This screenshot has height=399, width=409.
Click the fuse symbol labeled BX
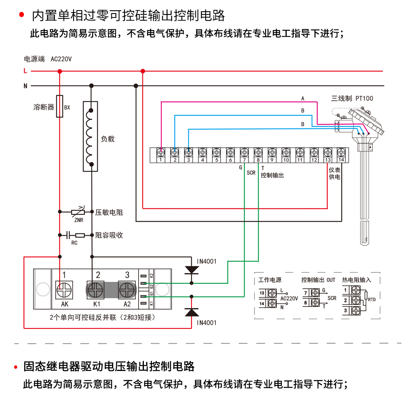(x=59, y=106)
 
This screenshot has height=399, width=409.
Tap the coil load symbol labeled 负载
(x=91, y=136)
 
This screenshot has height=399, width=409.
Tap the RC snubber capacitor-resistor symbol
(x=75, y=235)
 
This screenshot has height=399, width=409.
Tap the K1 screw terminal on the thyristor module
(x=96, y=291)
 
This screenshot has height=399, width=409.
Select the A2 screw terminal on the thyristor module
(x=127, y=291)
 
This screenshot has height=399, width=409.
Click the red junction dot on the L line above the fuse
(x=59, y=71)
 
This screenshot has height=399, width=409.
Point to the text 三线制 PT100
(x=352, y=99)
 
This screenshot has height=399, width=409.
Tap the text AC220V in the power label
(x=61, y=59)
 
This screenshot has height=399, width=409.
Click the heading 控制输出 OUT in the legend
(x=318, y=280)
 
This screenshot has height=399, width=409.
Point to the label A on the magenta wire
(x=303, y=99)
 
